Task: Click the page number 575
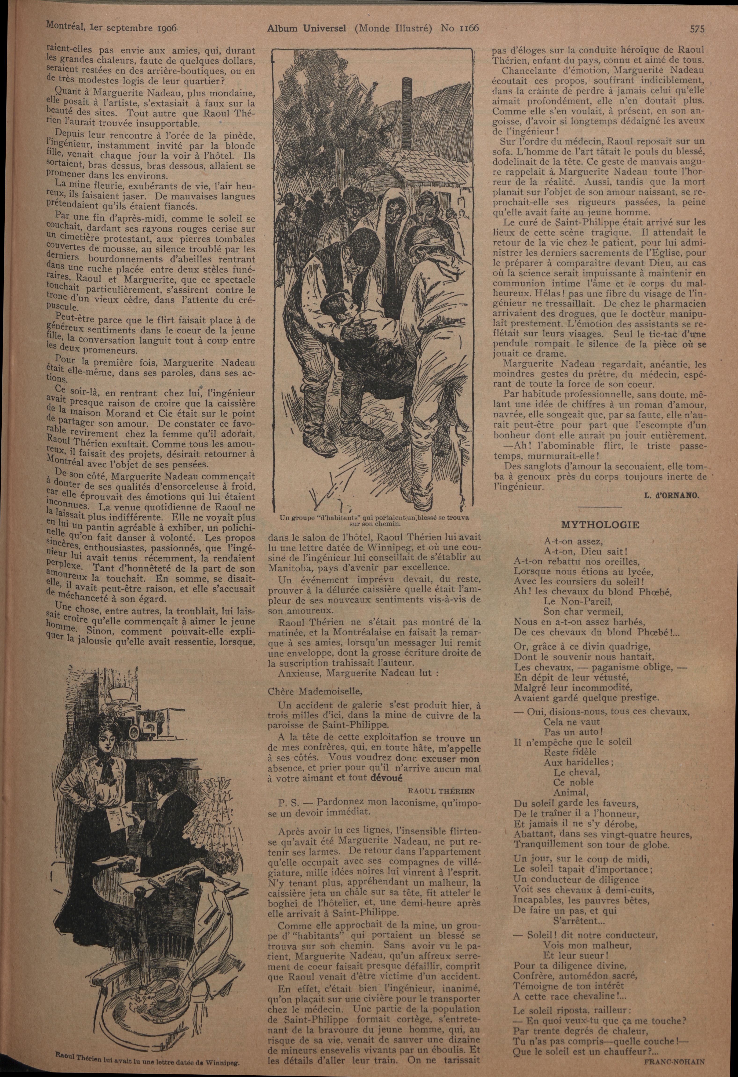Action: coord(697,29)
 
